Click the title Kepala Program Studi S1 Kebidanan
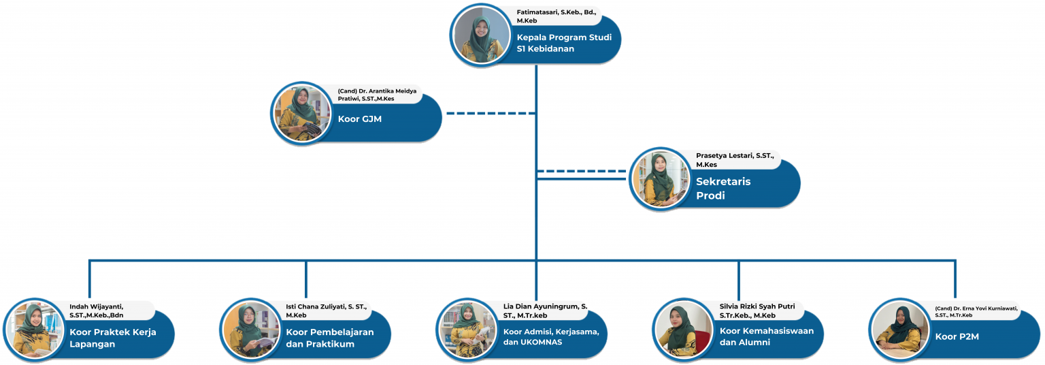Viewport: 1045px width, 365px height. point(564,43)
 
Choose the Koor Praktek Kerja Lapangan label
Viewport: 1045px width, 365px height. point(113,338)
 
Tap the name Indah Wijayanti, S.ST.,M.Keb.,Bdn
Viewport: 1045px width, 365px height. point(106,310)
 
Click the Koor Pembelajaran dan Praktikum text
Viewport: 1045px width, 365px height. point(330,338)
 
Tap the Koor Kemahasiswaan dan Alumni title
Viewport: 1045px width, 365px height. point(767,336)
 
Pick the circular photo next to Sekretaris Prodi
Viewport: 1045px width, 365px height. point(660,179)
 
